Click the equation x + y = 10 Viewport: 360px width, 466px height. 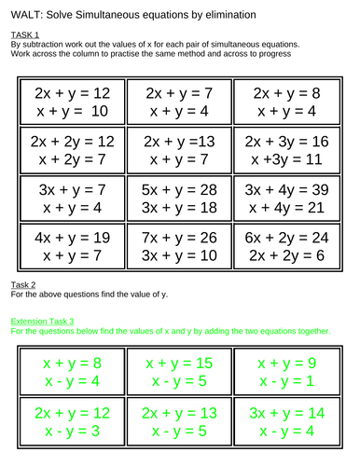(x=72, y=112)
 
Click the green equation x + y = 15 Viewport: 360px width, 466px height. (x=179, y=363)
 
